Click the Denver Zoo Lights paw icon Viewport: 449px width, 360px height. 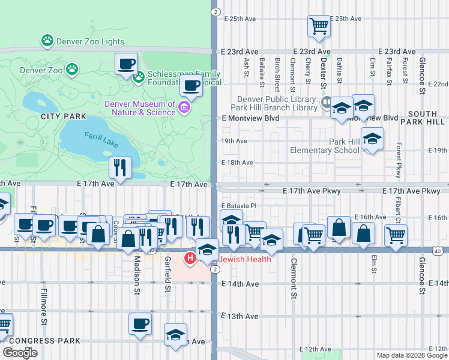coord(47,41)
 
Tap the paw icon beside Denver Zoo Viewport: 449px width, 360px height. coord(72,70)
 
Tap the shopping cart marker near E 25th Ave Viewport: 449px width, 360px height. coord(319,26)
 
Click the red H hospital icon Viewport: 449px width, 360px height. coord(190,259)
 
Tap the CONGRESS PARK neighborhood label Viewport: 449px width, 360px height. coord(45,341)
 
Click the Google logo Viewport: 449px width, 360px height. coord(20,353)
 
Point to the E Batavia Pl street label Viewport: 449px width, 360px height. coord(239,206)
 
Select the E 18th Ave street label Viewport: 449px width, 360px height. coord(234,163)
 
